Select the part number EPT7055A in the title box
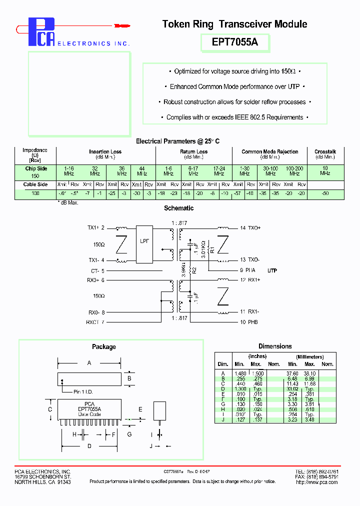click(x=235, y=42)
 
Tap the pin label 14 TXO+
click(x=250, y=228)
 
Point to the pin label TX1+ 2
click(x=96, y=228)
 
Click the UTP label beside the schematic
click(x=272, y=270)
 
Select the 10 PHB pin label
click(x=249, y=322)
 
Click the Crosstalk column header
click(x=325, y=151)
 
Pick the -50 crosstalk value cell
click(x=325, y=192)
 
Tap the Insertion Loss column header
click(x=105, y=151)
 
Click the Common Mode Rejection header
click(x=269, y=151)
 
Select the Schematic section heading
click(x=178, y=208)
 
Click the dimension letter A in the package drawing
click(x=89, y=363)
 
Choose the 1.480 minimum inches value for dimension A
click(x=240, y=373)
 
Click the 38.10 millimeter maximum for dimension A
click(x=310, y=373)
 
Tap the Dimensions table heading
click(x=275, y=346)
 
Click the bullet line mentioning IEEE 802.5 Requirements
click(x=234, y=117)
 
